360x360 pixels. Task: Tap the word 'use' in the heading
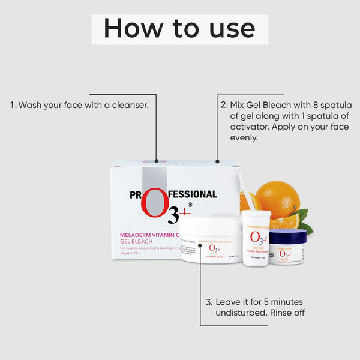point(229,29)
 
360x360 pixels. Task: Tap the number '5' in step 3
point(269,302)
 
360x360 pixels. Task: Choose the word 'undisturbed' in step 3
point(244,313)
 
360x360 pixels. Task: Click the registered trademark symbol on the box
point(190,205)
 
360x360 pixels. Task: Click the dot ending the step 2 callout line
point(217,161)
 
